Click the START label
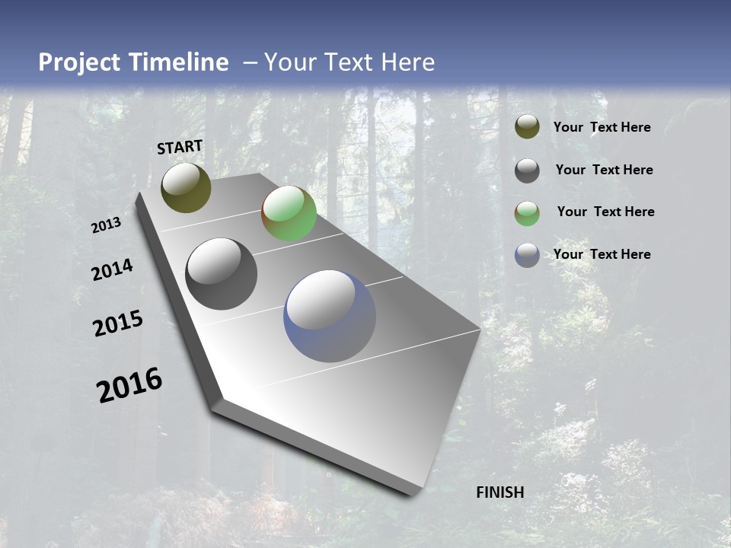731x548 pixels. (180, 147)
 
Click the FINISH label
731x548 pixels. (500, 492)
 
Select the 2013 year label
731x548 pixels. (107, 225)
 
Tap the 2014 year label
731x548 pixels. (112, 269)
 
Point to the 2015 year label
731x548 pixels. (118, 323)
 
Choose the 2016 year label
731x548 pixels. (129, 385)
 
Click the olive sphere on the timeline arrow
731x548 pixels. (186, 188)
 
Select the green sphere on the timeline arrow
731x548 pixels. (289, 213)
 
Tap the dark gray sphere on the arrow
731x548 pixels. (221, 274)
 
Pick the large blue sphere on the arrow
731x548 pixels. (330, 316)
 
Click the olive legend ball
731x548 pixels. (527, 127)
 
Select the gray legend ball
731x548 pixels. (527, 170)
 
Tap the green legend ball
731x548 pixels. (527, 212)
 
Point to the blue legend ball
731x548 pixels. (527, 255)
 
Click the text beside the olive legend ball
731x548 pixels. (602, 127)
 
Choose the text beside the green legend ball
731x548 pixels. (605, 212)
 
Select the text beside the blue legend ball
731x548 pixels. (602, 254)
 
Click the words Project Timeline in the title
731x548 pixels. (133, 62)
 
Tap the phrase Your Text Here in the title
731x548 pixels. (349, 62)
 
